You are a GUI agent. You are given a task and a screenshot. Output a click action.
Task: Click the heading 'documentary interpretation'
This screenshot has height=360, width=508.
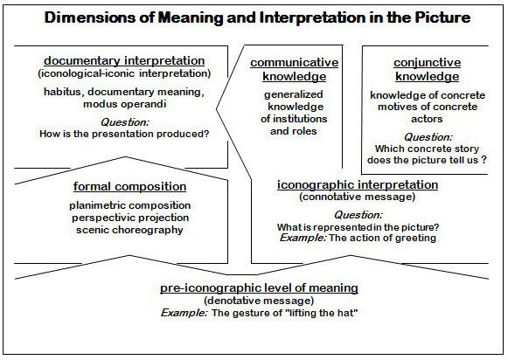(124, 61)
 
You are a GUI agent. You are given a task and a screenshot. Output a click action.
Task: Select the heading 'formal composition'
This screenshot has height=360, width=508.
(129, 187)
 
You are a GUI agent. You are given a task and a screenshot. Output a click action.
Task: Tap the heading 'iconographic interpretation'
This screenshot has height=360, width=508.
(358, 185)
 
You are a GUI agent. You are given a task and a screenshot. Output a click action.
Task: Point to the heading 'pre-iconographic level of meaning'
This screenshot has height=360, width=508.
(259, 287)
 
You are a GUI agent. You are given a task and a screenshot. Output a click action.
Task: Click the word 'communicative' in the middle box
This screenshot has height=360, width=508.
(294, 63)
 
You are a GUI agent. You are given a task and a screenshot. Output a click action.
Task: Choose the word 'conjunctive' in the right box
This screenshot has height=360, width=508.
(427, 63)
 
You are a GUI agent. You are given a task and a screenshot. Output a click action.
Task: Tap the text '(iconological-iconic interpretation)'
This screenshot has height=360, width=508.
(124, 73)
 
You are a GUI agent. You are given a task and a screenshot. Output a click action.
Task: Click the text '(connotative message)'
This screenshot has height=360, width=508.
(357, 197)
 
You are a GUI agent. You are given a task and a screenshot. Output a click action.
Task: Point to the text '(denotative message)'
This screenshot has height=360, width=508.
(259, 301)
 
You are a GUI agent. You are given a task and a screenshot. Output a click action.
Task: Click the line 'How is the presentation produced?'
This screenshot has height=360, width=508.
(124, 134)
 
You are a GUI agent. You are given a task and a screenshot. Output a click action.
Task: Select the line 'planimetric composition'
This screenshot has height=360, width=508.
(129, 205)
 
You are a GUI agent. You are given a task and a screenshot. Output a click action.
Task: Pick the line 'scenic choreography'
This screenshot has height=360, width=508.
(129, 230)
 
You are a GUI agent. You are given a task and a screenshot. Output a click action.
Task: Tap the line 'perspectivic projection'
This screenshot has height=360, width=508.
(130, 218)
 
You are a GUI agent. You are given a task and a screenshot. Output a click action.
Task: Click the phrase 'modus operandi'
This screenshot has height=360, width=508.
(125, 104)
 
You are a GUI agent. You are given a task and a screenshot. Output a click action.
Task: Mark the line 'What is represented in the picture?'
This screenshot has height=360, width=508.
(358, 227)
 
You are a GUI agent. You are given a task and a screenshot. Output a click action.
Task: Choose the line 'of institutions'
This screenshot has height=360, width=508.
(294, 119)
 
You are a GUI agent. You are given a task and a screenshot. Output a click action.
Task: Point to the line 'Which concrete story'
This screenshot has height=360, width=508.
(427, 149)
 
